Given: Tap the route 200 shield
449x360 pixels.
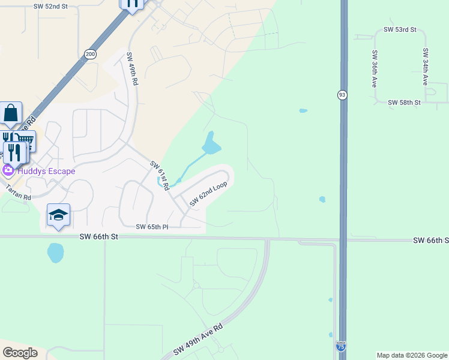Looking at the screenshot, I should coord(90,54).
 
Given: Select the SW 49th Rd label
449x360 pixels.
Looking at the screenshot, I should coord(131,69).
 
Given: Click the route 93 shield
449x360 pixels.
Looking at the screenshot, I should coord(342,95).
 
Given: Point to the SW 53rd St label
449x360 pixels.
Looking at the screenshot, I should coord(400,29).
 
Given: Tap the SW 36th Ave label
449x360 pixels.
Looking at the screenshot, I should coord(375,68).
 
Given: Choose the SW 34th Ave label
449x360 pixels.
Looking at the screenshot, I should coord(425,66).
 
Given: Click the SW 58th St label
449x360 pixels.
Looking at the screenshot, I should coord(404,103).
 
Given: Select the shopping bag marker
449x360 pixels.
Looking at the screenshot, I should coord(11,113).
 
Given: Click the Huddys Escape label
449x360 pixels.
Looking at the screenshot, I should coord(46,171).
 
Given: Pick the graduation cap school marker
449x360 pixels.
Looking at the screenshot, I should coord(58,215).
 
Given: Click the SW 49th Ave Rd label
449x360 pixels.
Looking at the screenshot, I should coord(198,340).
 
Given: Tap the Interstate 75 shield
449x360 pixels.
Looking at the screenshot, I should coord(341,346).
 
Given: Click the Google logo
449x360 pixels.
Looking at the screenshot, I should coord(20,353).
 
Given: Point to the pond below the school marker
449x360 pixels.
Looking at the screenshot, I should coord(55,253).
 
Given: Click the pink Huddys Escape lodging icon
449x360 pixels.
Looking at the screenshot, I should coord(8,171).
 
